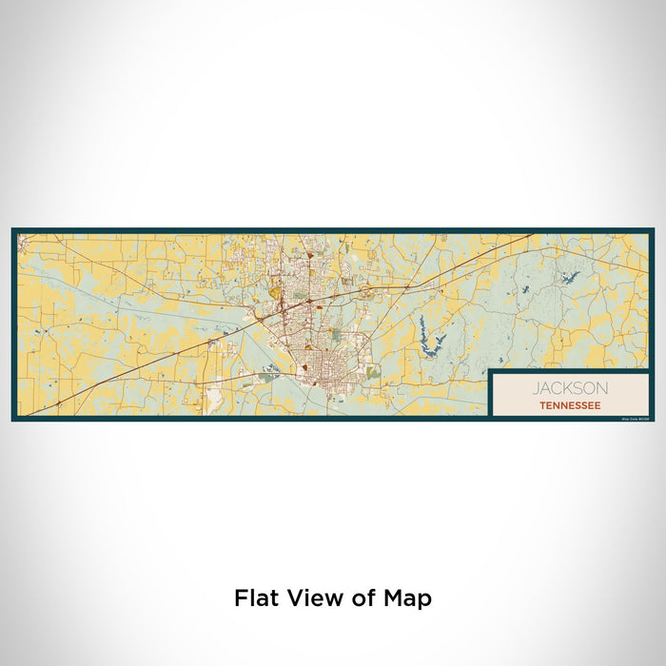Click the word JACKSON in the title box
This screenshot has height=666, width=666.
click(570, 388)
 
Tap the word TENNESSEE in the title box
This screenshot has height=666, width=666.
click(570, 405)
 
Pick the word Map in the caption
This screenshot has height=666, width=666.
click(409, 598)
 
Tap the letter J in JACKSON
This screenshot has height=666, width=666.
click(537, 388)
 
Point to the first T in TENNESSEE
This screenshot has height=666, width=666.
click(541, 405)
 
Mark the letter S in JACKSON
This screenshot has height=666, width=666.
click(579, 388)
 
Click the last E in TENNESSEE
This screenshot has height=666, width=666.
click(597, 405)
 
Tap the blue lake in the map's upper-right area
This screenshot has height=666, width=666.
click(571, 277)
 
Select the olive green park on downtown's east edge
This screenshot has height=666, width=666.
click(373, 372)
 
